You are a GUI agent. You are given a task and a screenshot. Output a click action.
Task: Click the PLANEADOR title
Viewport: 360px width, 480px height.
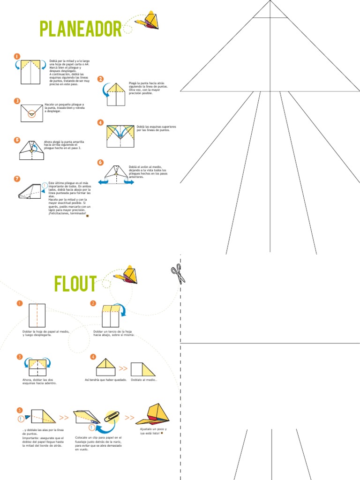pos(81,29)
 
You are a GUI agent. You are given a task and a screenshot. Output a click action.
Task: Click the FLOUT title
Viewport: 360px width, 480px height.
pos(75,284)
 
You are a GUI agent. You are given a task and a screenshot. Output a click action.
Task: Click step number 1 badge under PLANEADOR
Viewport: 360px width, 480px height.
pos(17,56)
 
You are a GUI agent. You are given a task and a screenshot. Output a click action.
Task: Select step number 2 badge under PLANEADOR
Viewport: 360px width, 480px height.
pos(100,79)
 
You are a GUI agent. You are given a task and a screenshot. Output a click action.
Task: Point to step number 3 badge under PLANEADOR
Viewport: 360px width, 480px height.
pos(17,101)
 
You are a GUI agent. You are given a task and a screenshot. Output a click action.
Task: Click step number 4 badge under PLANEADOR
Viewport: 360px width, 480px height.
pos(100,122)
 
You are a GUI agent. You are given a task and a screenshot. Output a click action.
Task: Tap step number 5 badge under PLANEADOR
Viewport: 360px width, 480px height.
pos(17,140)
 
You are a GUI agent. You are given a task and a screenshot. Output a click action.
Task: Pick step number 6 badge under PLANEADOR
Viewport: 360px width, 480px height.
pos(100,162)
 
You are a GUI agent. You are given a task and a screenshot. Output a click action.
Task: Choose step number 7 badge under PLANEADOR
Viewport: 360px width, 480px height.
pos(17,179)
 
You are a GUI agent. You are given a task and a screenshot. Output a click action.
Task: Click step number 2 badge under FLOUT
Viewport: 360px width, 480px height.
pos(93,303)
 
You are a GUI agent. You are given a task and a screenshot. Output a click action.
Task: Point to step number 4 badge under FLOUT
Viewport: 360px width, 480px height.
pos(93,357)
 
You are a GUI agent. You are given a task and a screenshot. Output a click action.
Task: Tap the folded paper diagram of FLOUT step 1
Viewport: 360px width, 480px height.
pos(37,315)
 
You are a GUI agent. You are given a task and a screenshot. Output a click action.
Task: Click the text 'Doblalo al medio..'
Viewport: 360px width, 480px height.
pos(144,380)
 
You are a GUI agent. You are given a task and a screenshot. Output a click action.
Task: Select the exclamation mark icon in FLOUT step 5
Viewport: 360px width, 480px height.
pos(21,419)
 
